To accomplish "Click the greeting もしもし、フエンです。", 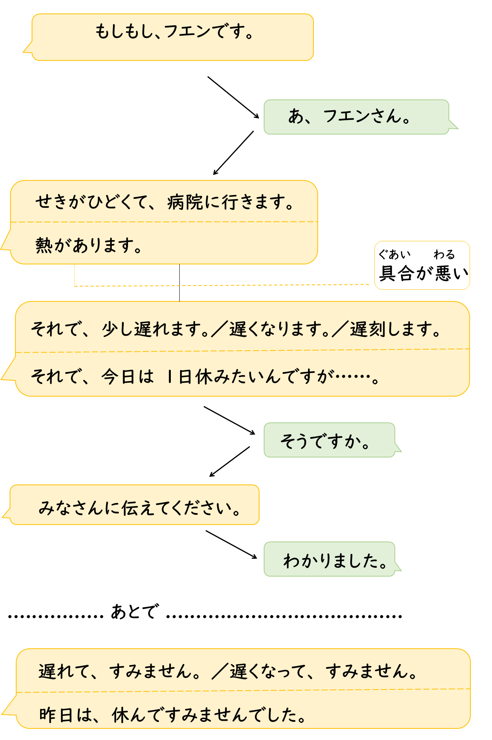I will (x=174, y=32).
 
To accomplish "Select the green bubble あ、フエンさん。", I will (x=349, y=116).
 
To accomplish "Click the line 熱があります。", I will (x=89, y=245).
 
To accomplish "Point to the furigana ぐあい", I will (x=394, y=254).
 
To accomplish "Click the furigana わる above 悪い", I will (x=444, y=254).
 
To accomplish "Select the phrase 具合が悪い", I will (x=423, y=273).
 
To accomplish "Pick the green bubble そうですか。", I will (x=326, y=441).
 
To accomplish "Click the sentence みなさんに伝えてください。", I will (x=140, y=508).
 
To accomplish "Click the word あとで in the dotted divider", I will (x=134, y=612).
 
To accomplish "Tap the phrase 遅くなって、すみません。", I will (x=323, y=671).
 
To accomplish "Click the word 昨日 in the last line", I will (x=56, y=715).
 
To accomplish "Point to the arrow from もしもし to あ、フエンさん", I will (x=233, y=97).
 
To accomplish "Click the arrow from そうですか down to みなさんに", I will (x=230, y=461).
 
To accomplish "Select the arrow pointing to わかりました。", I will (x=231, y=544).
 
